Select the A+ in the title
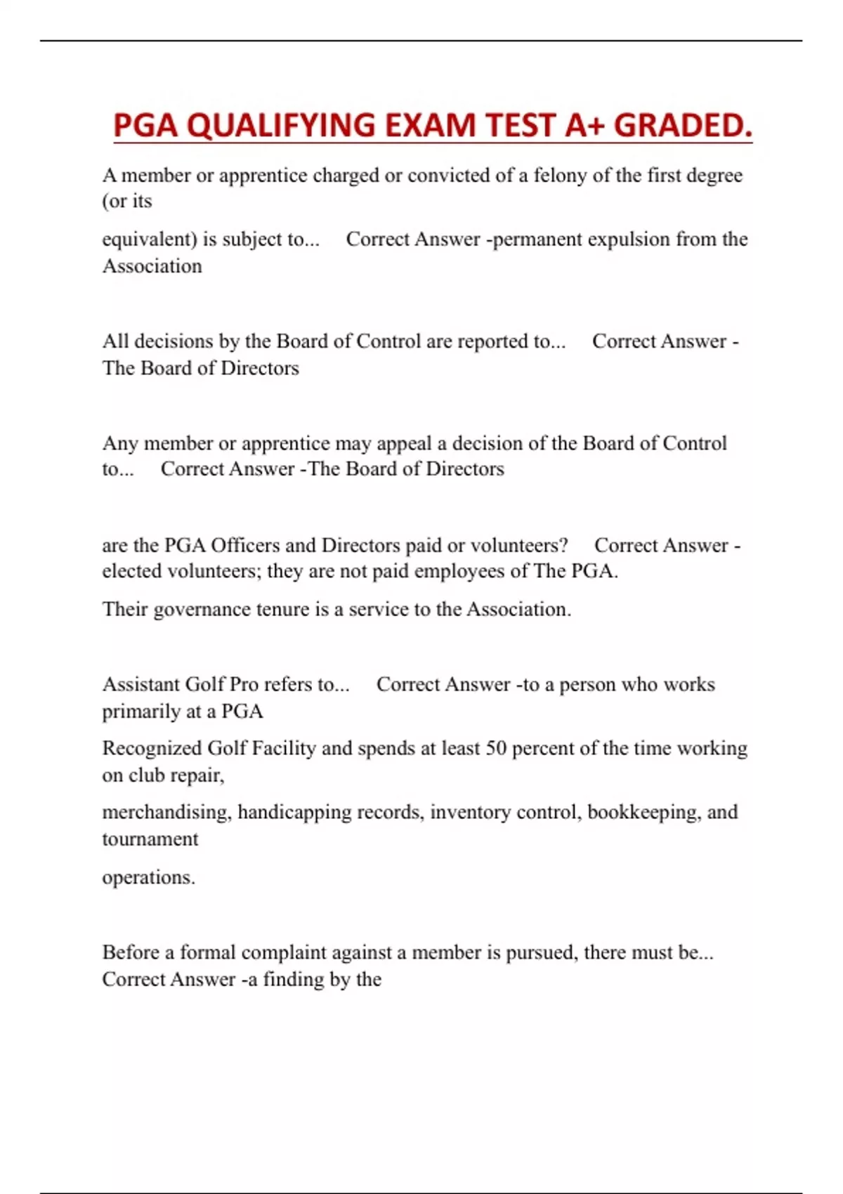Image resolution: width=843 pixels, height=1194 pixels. pyautogui.click(x=585, y=126)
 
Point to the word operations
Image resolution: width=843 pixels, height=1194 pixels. pyautogui.click(x=148, y=878)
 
